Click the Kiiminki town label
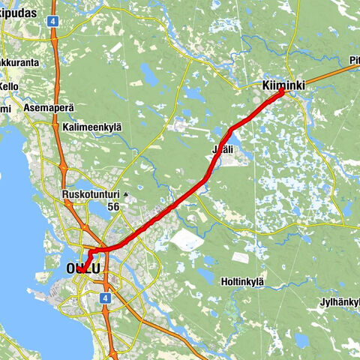pyautogui.click(x=283, y=87)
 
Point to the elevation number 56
pyautogui.click(x=114, y=206)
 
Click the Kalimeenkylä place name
pyautogui.click(x=92, y=127)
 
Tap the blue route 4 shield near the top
pyautogui.click(x=53, y=22)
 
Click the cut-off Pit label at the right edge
pyautogui.click(x=353, y=60)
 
